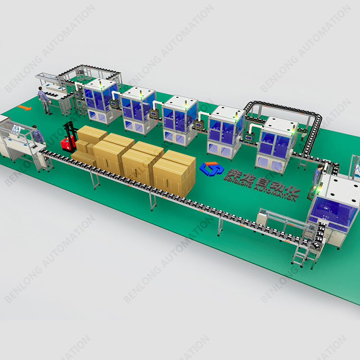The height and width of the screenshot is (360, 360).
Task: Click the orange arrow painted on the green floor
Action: [24, 108]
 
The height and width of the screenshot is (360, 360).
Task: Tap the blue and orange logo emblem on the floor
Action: [211, 168]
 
